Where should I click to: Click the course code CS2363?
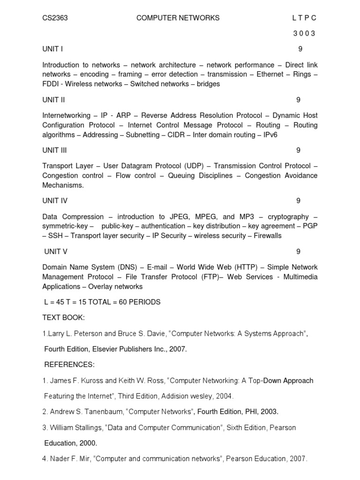55,18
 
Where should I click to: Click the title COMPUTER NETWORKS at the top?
178,18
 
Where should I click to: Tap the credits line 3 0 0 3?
304,33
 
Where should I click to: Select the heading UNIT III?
55,150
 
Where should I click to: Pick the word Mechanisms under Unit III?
63,185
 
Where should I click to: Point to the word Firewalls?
268,236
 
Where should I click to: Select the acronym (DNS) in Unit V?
124,267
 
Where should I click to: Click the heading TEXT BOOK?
64,318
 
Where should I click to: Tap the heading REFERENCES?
69,365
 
